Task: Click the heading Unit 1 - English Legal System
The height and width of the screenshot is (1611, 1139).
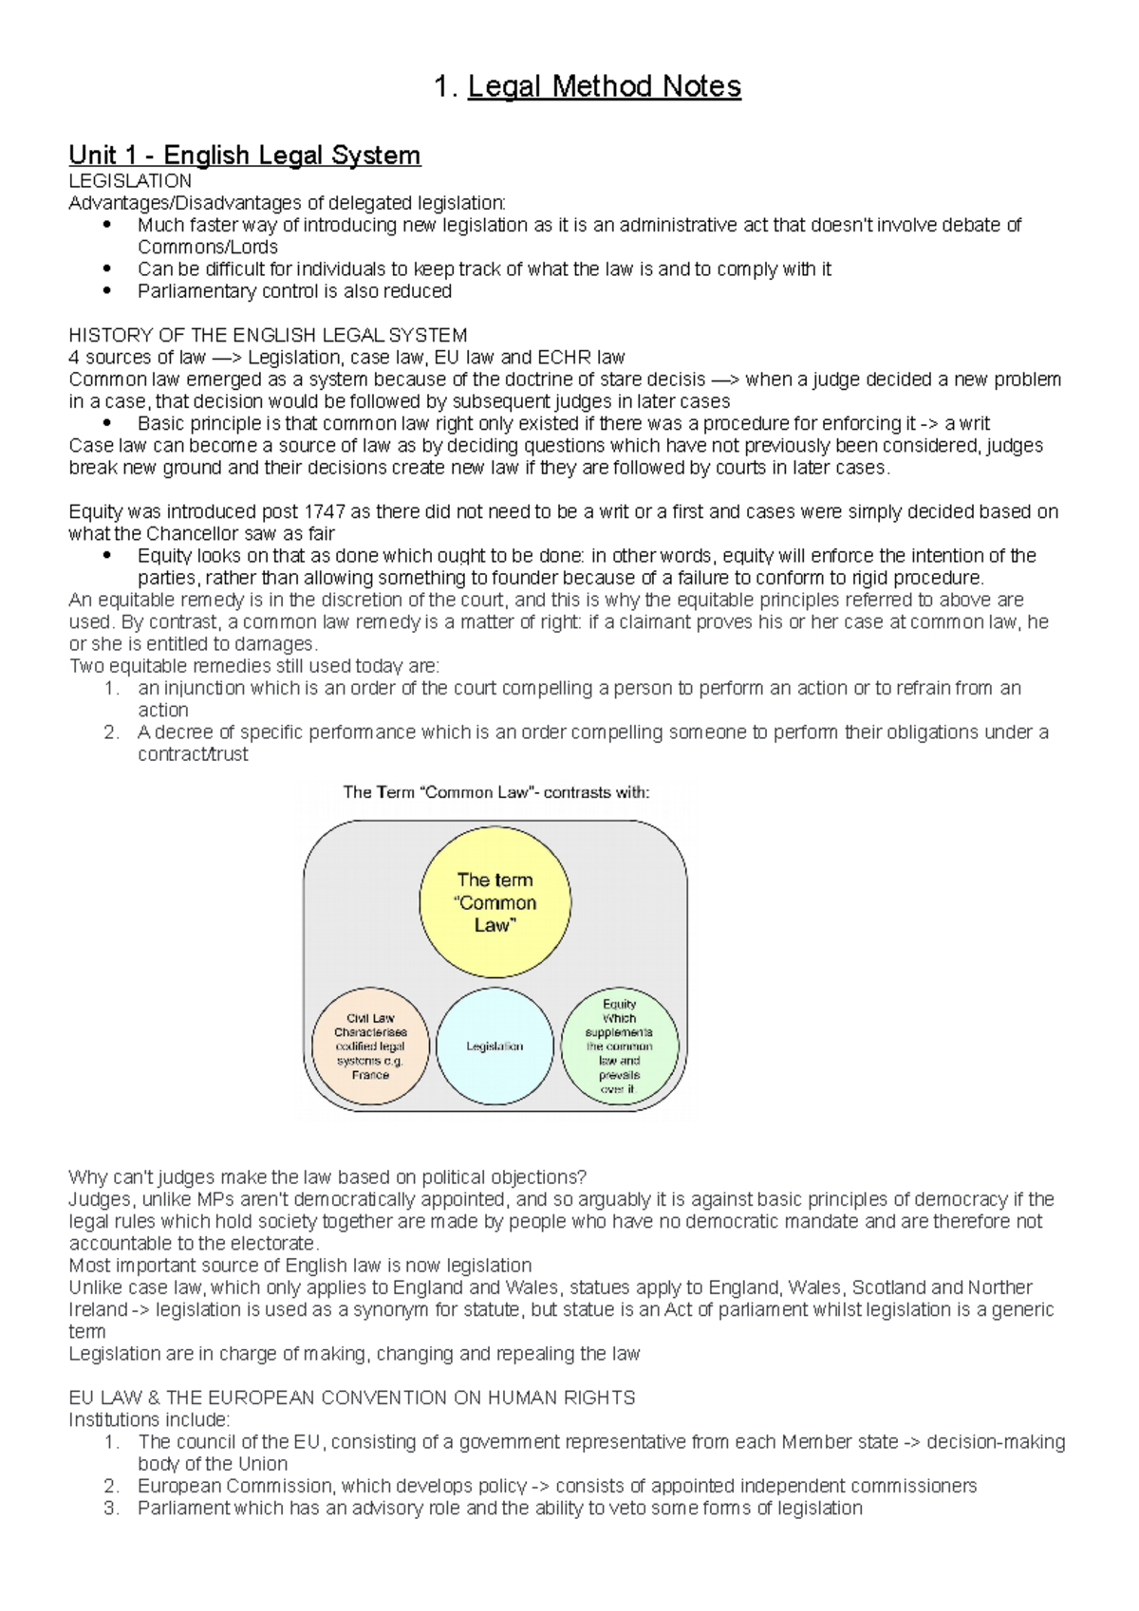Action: [x=244, y=155]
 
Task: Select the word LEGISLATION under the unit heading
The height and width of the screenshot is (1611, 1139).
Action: [x=130, y=180]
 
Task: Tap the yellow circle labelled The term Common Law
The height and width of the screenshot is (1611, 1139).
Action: [x=495, y=902]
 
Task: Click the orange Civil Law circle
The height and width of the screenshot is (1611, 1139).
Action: [x=370, y=1046]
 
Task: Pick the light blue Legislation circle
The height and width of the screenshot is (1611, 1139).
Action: [x=495, y=1046]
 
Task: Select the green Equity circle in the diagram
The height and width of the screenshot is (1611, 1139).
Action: [x=619, y=1046]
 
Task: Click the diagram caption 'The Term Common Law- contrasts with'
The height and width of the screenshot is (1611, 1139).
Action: [x=495, y=792]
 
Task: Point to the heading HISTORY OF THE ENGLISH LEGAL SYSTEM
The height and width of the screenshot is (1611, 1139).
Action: [x=268, y=335]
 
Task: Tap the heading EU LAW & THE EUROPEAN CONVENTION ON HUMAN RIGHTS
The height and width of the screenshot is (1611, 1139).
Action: [x=351, y=1398]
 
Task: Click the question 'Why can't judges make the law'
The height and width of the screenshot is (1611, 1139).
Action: [x=327, y=1177]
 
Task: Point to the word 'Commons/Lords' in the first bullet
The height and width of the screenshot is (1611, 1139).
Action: [x=207, y=247]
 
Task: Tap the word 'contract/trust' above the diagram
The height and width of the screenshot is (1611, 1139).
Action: [x=193, y=754]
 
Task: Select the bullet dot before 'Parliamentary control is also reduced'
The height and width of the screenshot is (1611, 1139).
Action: [x=107, y=291]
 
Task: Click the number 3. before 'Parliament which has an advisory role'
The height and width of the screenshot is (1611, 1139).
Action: [x=112, y=1508]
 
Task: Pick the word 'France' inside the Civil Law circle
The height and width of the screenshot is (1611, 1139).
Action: [x=370, y=1075]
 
